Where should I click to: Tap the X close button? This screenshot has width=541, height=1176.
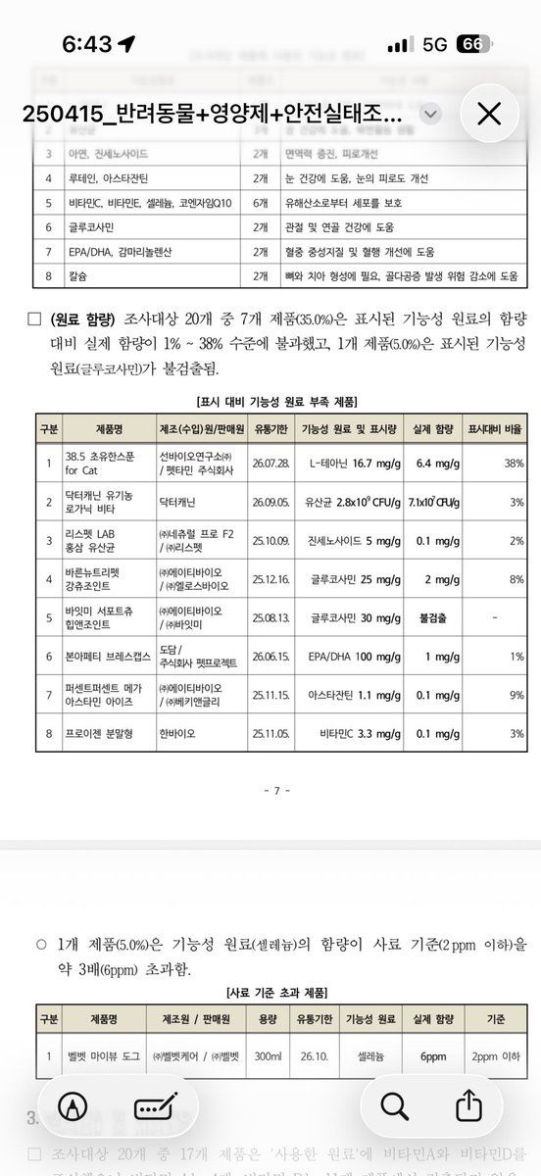(x=488, y=115)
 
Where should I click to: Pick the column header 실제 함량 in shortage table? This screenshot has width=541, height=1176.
(x=432, y=428)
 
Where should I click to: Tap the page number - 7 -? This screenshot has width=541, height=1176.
(x=271, y=790)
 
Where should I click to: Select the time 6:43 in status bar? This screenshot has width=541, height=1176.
(x=88, y=45)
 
